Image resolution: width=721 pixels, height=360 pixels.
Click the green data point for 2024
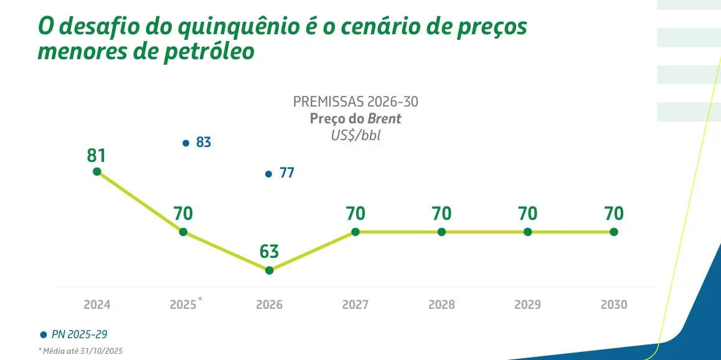coord(97,171)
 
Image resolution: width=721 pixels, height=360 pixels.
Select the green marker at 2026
coord(269,270)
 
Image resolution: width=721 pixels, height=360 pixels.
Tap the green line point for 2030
coord(614,232)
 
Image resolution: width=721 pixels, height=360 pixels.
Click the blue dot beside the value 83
coord(186,143)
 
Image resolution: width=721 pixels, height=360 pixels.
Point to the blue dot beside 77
coord(268,173)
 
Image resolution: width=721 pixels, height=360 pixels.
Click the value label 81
coord(97,154)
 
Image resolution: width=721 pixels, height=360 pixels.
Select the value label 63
coord(269,252)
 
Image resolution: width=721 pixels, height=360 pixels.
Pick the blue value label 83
coord(204,143)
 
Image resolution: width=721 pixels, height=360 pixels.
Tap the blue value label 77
coord(286,173)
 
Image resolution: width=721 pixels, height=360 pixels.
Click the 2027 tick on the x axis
coord(355,305)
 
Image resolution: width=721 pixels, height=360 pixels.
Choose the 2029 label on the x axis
coord(527,305)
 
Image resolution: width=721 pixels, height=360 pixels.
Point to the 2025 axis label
coord(183,305)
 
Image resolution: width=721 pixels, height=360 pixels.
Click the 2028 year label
coord(441,305)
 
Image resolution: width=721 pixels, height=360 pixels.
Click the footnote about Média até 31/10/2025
coord(80,351)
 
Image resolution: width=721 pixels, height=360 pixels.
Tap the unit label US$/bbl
coord(356,135)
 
